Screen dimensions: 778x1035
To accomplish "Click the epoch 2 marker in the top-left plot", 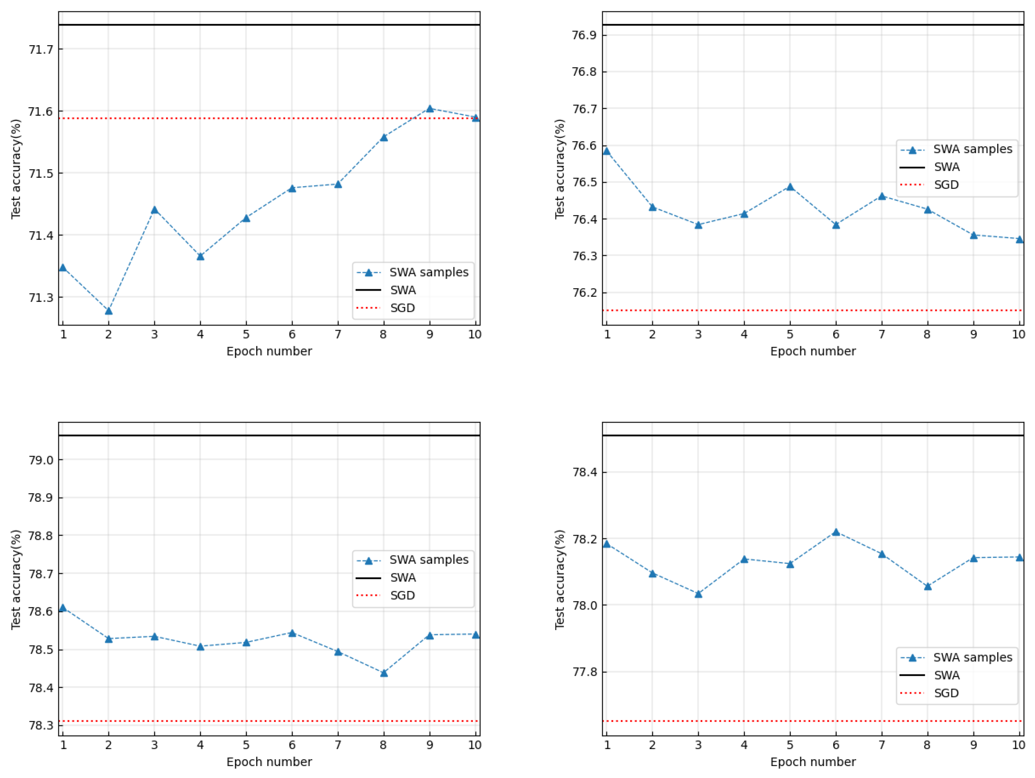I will pyautogui.click(x=109, y=311).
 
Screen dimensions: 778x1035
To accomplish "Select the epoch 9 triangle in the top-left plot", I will pyautogui.click(x=429, y=109).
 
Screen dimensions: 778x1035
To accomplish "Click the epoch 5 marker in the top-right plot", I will pyautogui.click(x=790, y=187).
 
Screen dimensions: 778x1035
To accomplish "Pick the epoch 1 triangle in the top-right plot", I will pyautogui.click(x=607, y=151).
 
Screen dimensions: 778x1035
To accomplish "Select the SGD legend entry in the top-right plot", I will pyautogui.click(x=946, y=185).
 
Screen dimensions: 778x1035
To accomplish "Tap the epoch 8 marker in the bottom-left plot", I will pyautogui.click(x=384, y=673).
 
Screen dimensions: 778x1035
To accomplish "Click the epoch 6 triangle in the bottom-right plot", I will pyautogui.click(x=836, y=532).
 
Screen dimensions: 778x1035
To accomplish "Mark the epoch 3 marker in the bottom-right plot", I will pyautogui.click(x=698, y=594).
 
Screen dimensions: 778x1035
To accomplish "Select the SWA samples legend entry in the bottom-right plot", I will pyautogui.click(x=972, y=657).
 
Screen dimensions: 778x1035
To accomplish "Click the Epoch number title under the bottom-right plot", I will pyautogui.click(x=813, y=762).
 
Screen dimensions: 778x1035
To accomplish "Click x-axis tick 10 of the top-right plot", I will pyautogui.click(x=1018, y=335).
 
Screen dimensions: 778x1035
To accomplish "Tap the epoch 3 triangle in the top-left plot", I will pyautogui.click(x=154, y=210).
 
